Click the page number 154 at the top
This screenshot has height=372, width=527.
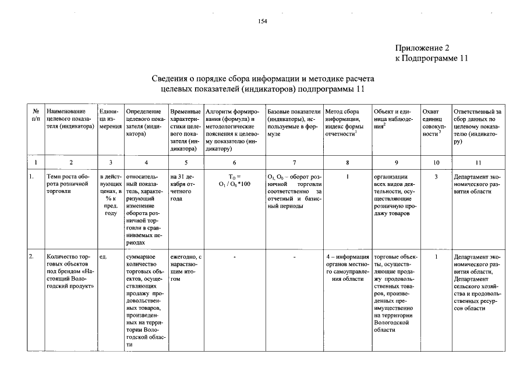coord(263,22)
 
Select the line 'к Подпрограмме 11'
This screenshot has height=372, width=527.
coord(431,58)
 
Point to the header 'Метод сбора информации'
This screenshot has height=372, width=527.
coord(348,123)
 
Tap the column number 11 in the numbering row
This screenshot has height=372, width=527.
coord(478,162)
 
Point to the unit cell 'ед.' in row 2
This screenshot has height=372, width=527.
coord(103,256)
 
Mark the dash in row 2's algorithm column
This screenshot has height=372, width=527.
coord(234,256)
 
